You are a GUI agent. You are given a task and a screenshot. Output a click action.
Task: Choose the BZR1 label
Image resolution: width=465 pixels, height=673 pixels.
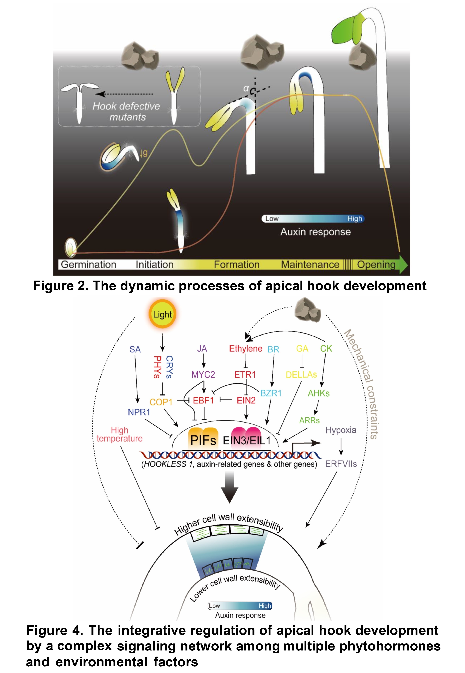pyautogui.click(x=271, y=393)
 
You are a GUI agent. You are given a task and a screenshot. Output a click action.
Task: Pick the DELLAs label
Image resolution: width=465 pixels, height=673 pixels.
pyautogui.click(x=301, y=375)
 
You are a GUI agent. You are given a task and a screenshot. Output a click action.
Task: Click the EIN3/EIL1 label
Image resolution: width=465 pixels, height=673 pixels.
pyautogui.click(x=247, y=440)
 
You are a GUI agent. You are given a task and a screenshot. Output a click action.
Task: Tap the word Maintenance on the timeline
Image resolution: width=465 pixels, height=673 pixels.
pyautogui.click(x=310, y=264)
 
